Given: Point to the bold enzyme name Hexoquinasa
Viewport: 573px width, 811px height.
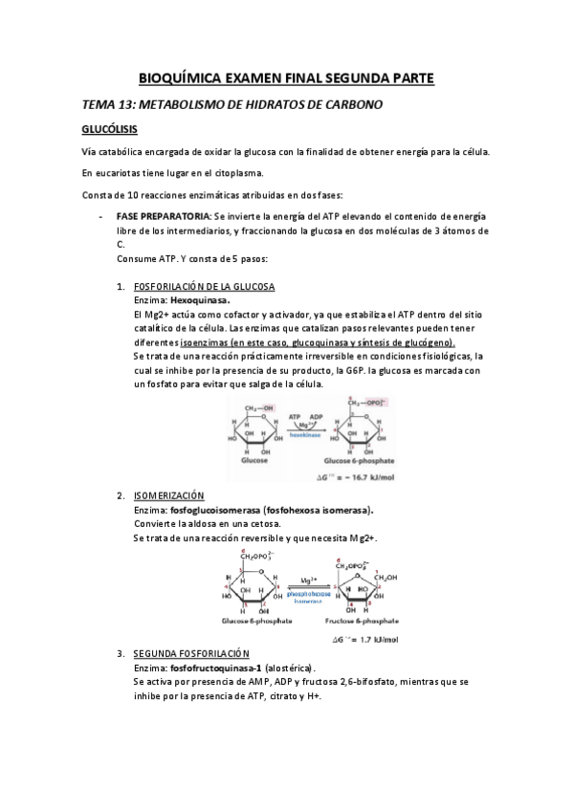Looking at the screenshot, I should pyautogui.click(x=201, y=300).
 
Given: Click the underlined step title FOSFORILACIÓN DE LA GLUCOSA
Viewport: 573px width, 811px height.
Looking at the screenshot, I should pyautogui.click(x=205, y=287).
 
